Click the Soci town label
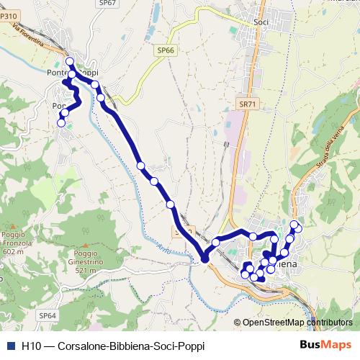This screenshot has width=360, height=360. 261,22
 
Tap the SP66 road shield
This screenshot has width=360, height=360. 165,50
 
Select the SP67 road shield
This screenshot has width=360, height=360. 108,3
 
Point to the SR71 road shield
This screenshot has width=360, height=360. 247,104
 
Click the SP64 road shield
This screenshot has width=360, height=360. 48,315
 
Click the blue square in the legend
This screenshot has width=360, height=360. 10,346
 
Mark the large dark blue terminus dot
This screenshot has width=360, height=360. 204,258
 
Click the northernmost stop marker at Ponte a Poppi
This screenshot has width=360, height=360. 71,62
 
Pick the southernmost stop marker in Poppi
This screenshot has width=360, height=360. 61,123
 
